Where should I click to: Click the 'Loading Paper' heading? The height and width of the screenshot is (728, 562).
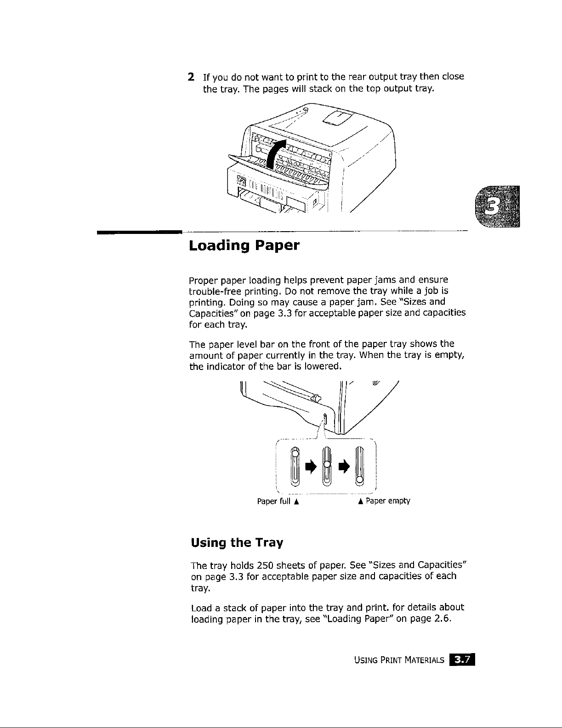click(x=244, y=246)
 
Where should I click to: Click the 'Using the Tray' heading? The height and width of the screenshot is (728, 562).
click(x=236, y=543)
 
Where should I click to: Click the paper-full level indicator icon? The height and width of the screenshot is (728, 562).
click(x=295, y=466)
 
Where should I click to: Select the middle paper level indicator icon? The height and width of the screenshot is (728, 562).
click(x=326, y=466)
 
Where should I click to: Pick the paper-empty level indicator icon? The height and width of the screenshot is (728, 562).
click(x=360, y=466)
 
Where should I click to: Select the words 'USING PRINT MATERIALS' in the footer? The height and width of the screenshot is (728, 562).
click(x=399, y=660)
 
